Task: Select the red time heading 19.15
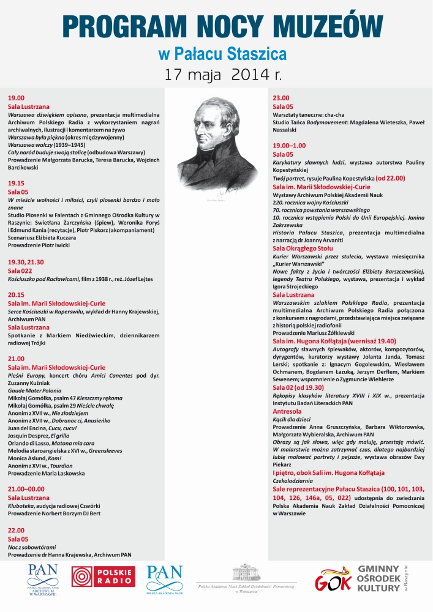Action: [x=16, y=183]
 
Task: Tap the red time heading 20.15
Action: [x=16, y=294]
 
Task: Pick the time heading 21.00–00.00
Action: [x=25, y=490]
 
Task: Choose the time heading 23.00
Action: [x=281, y=98]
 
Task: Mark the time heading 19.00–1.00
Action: [x=289, y=146]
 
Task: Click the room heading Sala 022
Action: [x=20, y=270]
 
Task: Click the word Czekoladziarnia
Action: [x=293, y=481]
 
